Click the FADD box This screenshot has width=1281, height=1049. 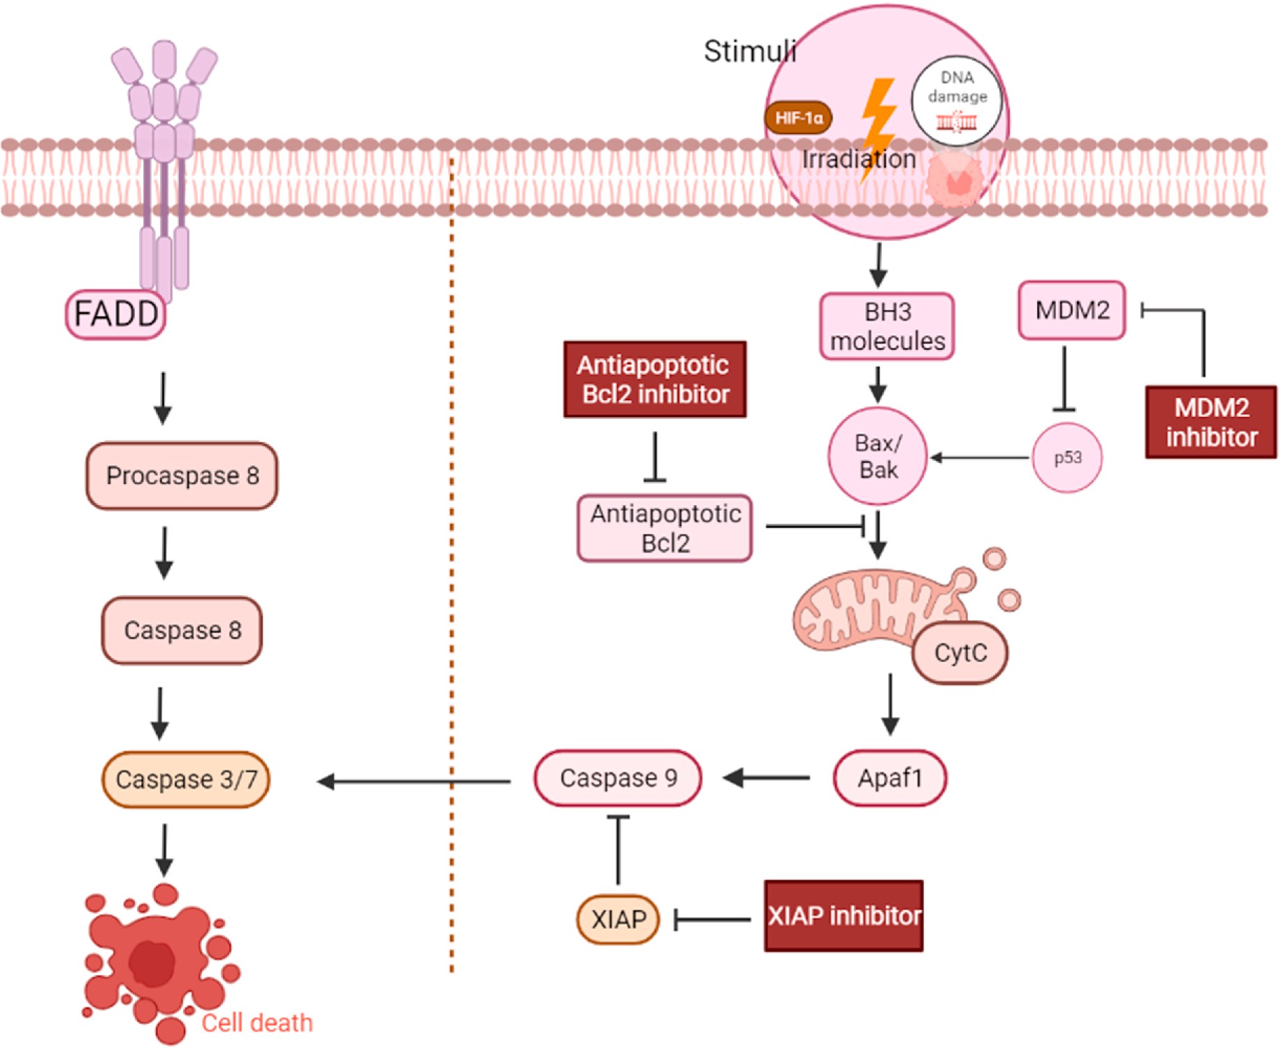115,314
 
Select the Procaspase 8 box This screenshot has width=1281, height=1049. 182,476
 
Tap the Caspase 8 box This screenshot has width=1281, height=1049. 182,630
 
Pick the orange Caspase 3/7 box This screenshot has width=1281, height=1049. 186,779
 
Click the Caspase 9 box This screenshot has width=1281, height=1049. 618,778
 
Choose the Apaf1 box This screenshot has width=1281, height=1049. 890,778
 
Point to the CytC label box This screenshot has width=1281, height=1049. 960,653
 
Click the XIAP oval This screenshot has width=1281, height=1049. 618,919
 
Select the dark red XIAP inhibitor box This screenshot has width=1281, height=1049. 844,916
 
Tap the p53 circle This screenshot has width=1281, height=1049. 1067,457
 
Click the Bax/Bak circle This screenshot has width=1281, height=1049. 878,456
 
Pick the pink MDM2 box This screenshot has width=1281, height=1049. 1071,310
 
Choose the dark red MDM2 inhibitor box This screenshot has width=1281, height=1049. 1211,422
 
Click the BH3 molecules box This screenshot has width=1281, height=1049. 887,326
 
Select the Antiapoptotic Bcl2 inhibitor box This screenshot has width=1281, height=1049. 655,379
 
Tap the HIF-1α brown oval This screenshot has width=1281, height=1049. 798,118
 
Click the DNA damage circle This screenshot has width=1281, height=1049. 957,100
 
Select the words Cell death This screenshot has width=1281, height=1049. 257,1023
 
